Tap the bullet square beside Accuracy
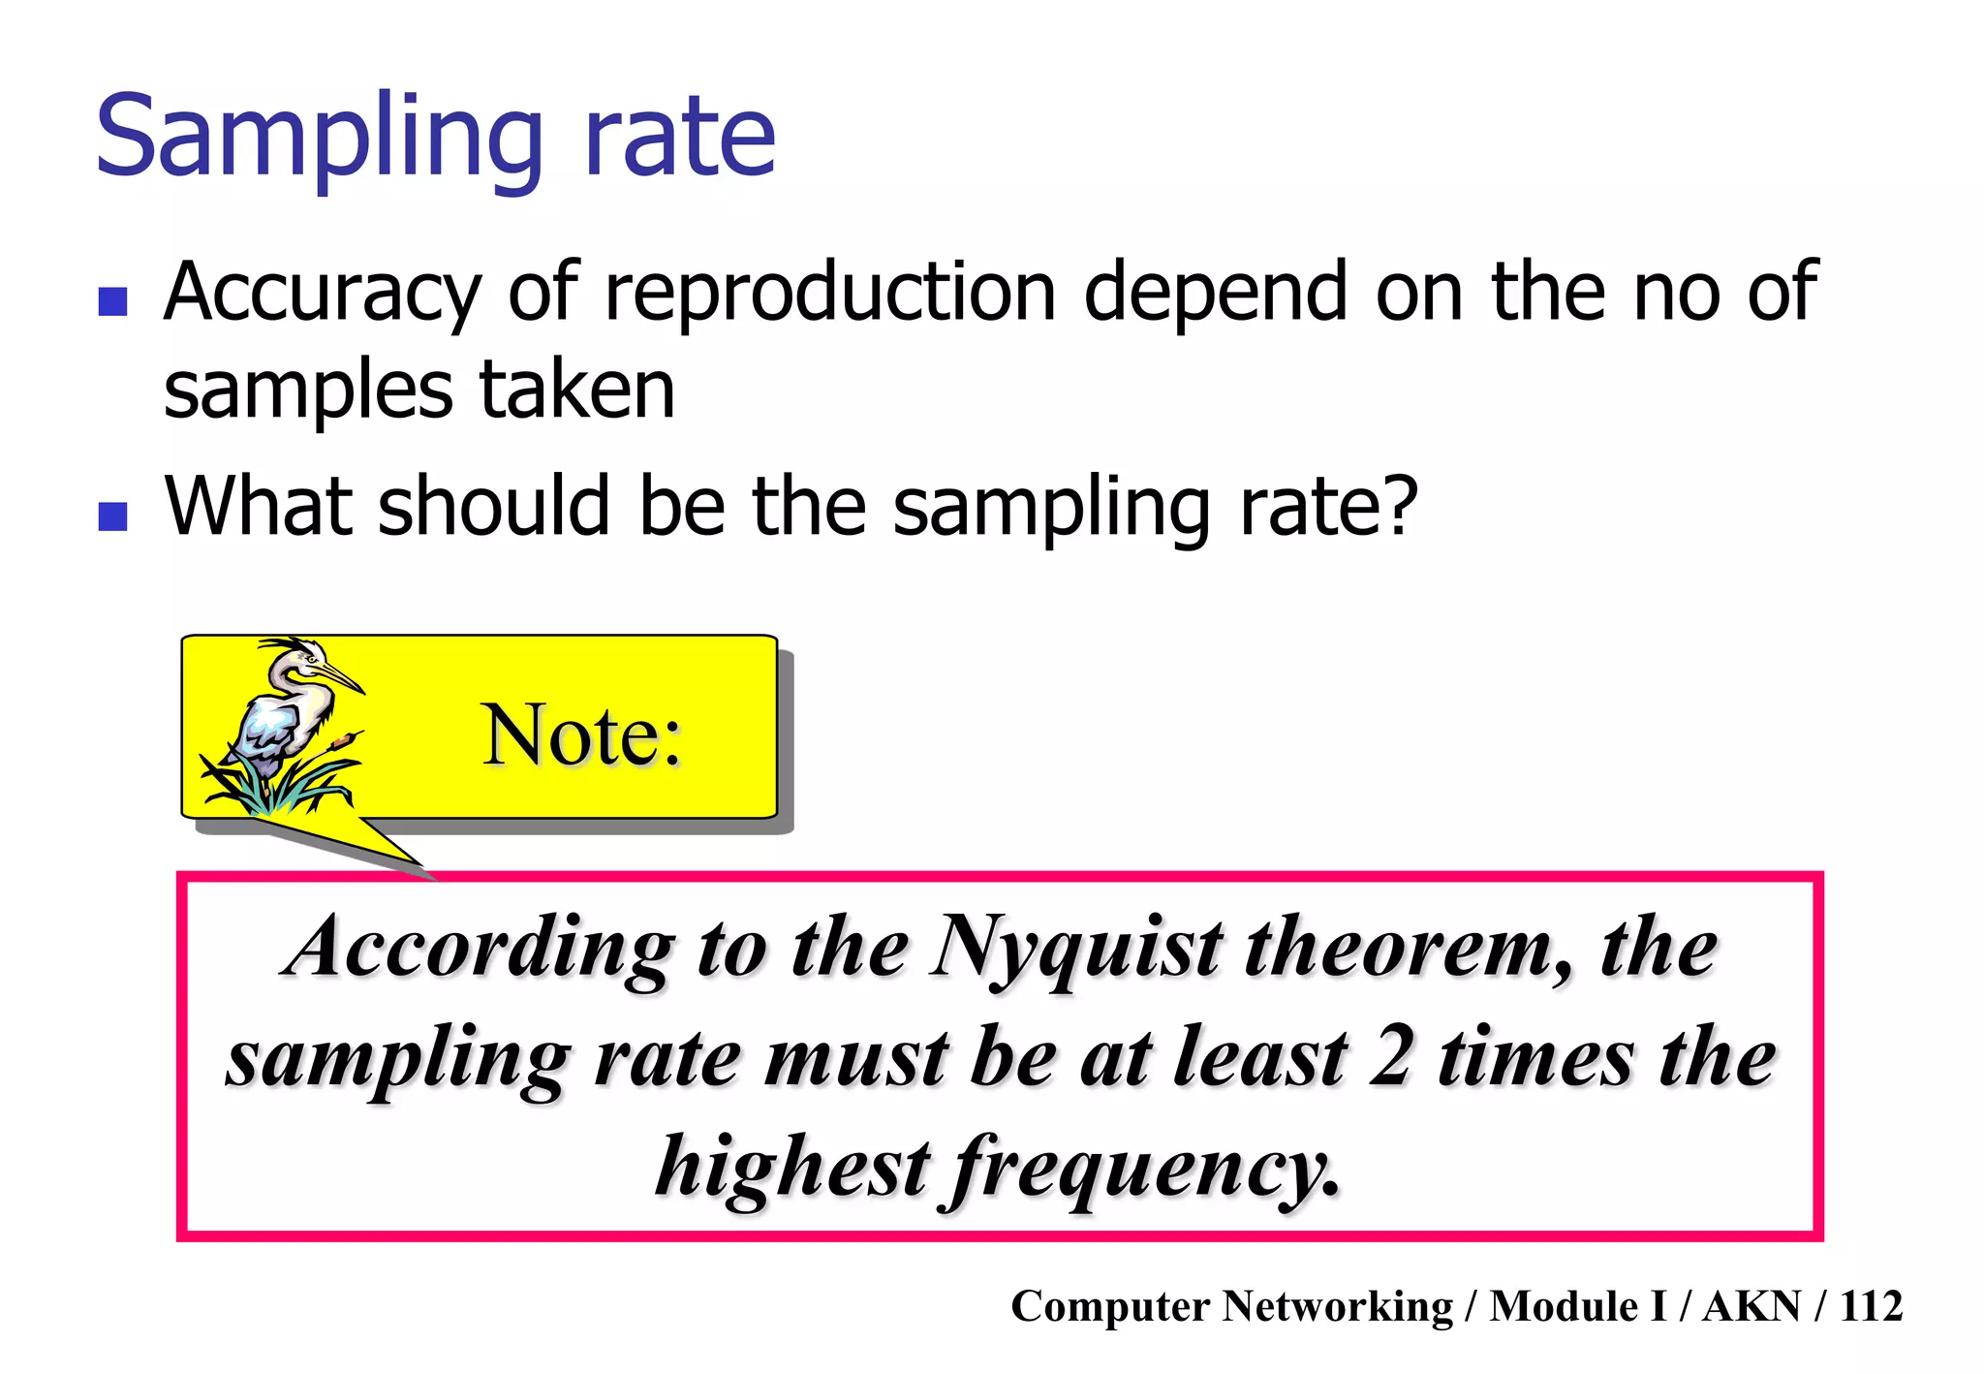coord(113,301)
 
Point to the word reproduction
coord(829,293)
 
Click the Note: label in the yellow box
coord(581,735)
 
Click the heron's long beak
coord(338,673)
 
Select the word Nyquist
coord(1076,950)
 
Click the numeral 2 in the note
coord(1391,1057)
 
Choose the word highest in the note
coord(792,1167)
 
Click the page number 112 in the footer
coord(1871,1306)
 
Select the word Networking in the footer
coord(1337,1306)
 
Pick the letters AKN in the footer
coord(1751,1306)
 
